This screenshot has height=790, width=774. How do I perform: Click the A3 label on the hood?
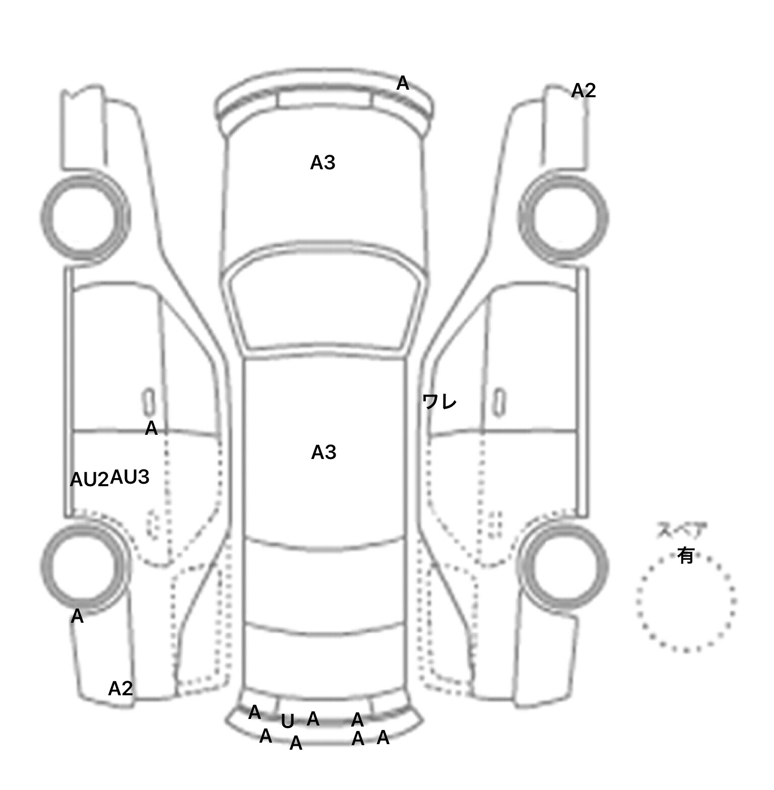click(x=322, y=163)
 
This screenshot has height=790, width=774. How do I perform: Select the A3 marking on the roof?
click(x=324, y=452)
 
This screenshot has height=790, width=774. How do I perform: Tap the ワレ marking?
click(x=439, y=402)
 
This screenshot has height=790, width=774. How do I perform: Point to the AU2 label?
click(x=89, y=480)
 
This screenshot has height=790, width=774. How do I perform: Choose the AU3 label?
click(x=130, y=477)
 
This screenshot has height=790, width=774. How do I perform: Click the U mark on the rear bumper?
click(x=287, y=722)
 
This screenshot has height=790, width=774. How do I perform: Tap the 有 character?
click(x=686, y=556)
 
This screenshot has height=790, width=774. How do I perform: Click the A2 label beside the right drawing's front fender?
click(x=584, y=91)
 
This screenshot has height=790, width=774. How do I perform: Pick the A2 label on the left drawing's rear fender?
click(x=120, y=688)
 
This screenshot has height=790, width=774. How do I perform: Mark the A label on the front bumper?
click(x=403, y=83)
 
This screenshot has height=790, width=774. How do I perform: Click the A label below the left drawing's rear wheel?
click(x=77, y=616)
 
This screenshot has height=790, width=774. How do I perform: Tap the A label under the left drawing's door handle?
click(x=151, y=429)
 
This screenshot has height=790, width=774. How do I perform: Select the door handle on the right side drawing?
click(x=499, y=402)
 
